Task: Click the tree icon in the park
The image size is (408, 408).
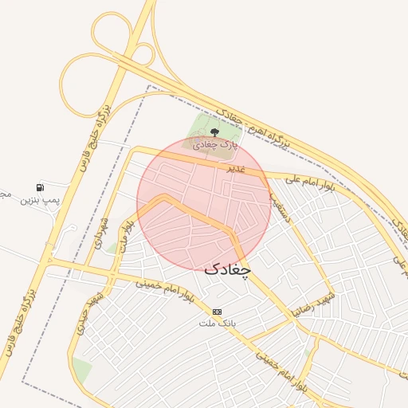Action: tap(214, 131)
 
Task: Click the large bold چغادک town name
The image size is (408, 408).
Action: tap(227, 269)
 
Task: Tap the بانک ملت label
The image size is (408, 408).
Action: tap(218, 324)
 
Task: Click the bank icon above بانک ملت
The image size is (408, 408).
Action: tap(218, 312)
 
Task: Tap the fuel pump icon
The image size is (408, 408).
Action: tap(40, 187)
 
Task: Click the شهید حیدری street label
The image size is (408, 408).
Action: tap(97, 310)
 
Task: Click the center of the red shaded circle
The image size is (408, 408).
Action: tap(204, 204)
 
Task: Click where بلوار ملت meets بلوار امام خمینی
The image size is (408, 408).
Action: tap(116, 273)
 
